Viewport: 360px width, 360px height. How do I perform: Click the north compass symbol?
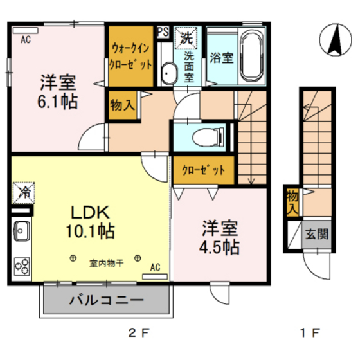pyautogui.click(x=334, y=40)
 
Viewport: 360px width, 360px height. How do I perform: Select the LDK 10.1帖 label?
pyautogui.click(x=91, y=221)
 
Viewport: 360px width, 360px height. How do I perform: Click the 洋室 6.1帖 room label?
pyautogui.click(x=59, y=92)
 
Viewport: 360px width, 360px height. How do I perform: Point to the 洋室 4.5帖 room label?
pyautogui.click(x=220, y=238)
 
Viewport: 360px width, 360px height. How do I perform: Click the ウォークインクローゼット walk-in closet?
pyautogui.click(x=130, y=57)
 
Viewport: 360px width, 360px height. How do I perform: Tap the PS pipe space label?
pyautogui.click(x=163, y=32)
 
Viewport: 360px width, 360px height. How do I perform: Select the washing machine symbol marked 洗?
pyautogui.click(x=186, y=37)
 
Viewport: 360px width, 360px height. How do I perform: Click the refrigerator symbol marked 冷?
pyautogui.click(x=21, y=191)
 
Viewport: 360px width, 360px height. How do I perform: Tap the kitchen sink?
pyautogui.click(x=20, y=230)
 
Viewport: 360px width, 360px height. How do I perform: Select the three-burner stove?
pyautogui.click(x=21, y=265)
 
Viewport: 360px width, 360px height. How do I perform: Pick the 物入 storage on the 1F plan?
pyautogui.click(x=292, y=202)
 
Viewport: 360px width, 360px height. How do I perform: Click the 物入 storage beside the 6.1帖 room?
pyautogui.click(x=122, y=105)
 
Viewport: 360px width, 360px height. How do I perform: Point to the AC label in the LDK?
pyautogui.click(x=155, y=266)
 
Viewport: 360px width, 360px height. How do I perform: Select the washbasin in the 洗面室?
pyautogui.click(x=168, y=73)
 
